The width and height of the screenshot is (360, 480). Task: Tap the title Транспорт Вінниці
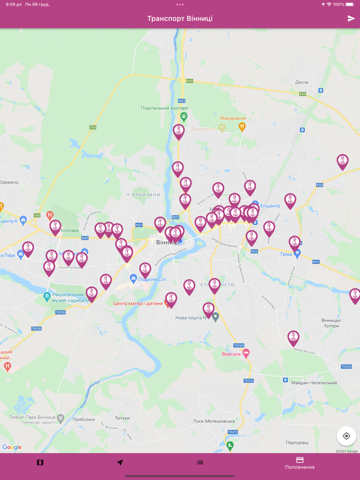point(179,19)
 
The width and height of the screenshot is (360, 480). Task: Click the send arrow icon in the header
point(351,19)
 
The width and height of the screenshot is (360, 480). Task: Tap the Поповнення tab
point(300,463)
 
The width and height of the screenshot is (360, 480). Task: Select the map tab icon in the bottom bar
point(40,463)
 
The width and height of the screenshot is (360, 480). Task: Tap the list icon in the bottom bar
point(200,463)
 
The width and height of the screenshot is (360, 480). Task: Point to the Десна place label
point(301,82)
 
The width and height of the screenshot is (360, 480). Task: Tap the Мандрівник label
point(233,118)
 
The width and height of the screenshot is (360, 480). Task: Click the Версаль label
point(231,354)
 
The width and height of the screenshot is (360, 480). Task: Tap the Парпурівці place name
point(297,442)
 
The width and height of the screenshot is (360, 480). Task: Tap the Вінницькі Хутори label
point(331,323)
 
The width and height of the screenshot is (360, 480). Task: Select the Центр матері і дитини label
point(138,303)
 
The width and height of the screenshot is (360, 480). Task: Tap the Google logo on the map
point(12,447)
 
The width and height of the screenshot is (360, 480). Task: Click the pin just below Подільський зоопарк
point(178,132)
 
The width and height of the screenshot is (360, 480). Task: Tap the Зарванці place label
point(9,182)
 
